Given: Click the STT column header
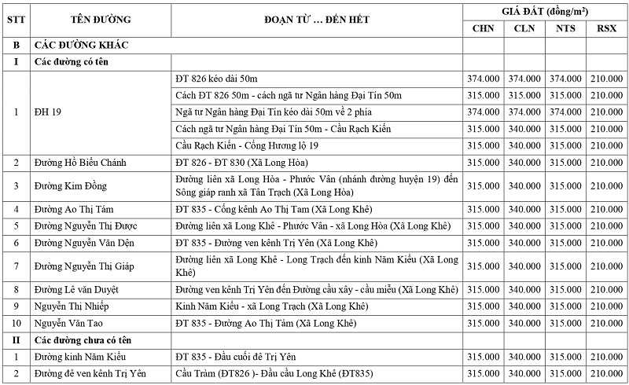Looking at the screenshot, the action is tap(16, 19).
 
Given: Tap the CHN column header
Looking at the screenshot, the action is tap(483, 28).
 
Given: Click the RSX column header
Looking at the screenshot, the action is tap(606, 28).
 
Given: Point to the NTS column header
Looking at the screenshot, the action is tap(565, 28).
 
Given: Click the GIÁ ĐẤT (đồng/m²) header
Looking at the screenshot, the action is tap(545, 10).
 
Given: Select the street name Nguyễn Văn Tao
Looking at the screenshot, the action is tap(70, 323).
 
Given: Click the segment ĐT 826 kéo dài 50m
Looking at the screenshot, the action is tap(216, 79).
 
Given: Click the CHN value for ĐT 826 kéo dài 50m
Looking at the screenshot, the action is tap(483, 79).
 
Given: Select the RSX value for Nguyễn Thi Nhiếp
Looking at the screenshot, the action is tap(606, 306).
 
